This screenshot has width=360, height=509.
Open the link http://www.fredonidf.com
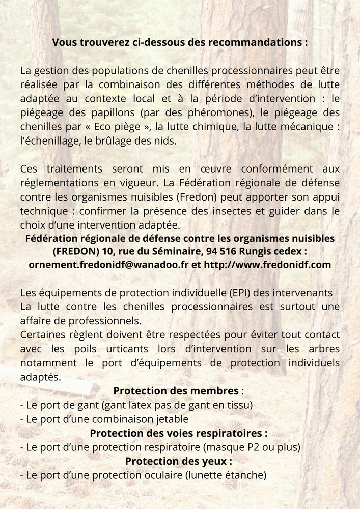(267, 265)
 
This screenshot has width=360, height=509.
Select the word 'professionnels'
(106, 321)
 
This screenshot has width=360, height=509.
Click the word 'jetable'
(172, 419)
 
